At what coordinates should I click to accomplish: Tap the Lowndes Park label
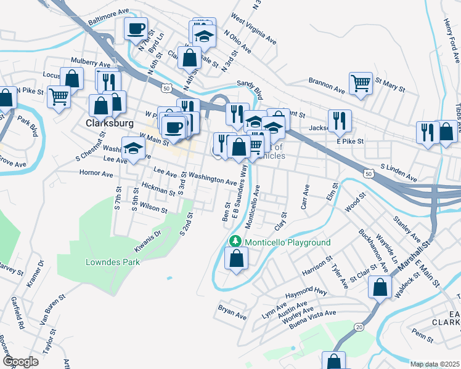coord(112,262)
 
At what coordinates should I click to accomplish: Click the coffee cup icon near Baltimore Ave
coord(136,28)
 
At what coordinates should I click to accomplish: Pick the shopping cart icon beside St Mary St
coord(361,83)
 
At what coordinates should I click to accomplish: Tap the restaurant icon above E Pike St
coord(339,121)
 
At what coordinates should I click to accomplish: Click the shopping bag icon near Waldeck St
coord(380,287)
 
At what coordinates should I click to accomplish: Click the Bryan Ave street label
coord(232,311)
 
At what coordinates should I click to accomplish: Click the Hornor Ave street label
coord(96,173)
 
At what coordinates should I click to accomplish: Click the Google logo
coord(21,361)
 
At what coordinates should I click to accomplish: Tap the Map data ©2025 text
coord(434,364)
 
